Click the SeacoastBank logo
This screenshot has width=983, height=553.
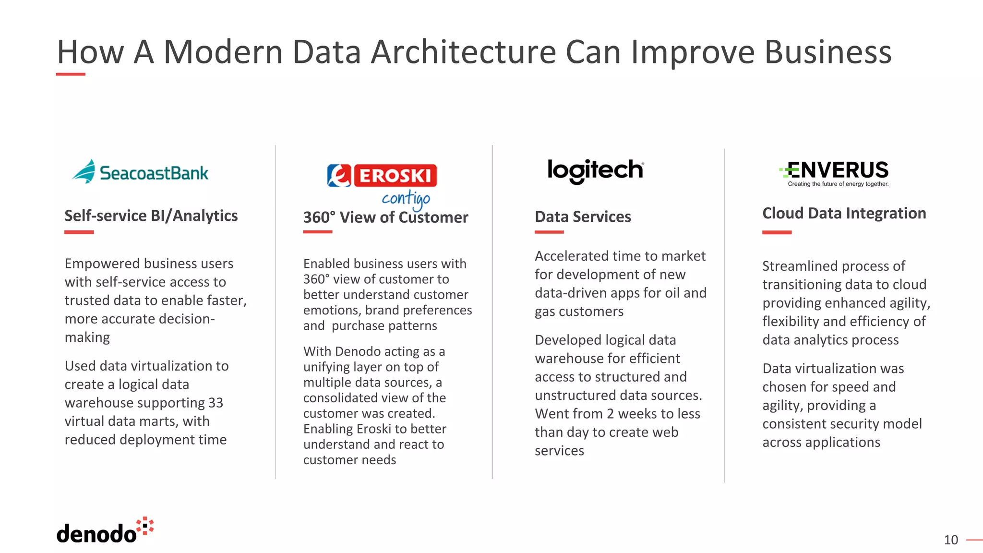click(x=140, y=172)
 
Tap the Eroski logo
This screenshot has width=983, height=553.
click(x=382, y=176)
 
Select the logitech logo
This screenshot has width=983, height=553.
click(x=595, y=170)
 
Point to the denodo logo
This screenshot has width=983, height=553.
click(x=105, y=531)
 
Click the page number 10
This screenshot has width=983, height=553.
click(x=950, y=540)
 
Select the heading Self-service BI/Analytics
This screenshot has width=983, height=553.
click(x=151, y=216)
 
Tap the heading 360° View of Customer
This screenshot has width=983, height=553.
click(x=385, y=217)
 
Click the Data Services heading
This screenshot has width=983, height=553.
click(x=583, y=217)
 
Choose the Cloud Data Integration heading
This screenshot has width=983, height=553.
click(x=844, y=213)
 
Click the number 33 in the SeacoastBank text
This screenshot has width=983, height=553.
click(x=216, y=403)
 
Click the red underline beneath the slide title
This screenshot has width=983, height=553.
click(x=71, y=74)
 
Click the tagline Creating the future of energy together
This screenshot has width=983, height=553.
click(x=838, y=184)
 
